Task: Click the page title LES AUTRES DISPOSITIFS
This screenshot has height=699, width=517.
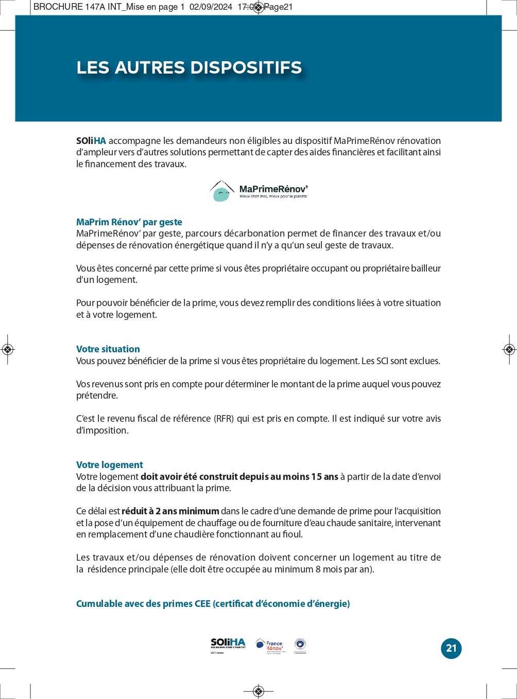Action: pyautogui.click(x=189, y=67)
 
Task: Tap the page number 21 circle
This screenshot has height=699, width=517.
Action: pyautogui.click(x=451, y=648)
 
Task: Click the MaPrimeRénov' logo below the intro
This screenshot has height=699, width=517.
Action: pyautogui.click(x=258, y=191)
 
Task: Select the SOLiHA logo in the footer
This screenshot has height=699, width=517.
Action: pyautogui.click(x=228, y=645)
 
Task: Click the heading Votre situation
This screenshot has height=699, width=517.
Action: pyautogui.click(x=108, y=349)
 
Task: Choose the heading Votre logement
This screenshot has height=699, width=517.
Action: pyautogui.click(x=110, y=465)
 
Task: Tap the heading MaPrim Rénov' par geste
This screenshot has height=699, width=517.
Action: pyautogui.click(x=129, y=222)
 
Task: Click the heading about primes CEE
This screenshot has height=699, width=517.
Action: pyautogui.click(x=213, y=604)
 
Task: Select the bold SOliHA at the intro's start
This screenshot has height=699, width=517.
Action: pyautogui.click(x=91, y=141)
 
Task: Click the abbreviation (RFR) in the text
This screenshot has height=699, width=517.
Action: pyautogui.click(x=224, y=419)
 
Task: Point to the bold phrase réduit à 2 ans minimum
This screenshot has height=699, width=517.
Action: pyautogui.click(x=170, y=511)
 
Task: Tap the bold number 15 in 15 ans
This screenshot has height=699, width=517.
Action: pyautogui.click(x=316, y=477)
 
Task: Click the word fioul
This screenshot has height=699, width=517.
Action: pyautogui.click(x=292, y=534)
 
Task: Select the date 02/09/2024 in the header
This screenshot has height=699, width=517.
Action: pyautogui.click(x=211, y=7)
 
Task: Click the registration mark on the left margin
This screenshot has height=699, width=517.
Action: pyautogui.click(x=7, y=350)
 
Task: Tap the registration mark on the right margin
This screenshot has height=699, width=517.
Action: pyautogui.click(x=509, y=350)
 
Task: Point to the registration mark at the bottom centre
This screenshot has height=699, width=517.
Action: pyautogui.click(x=258, y=691)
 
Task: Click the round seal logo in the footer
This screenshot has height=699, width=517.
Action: pyautogui.click(x=300, y=644)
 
